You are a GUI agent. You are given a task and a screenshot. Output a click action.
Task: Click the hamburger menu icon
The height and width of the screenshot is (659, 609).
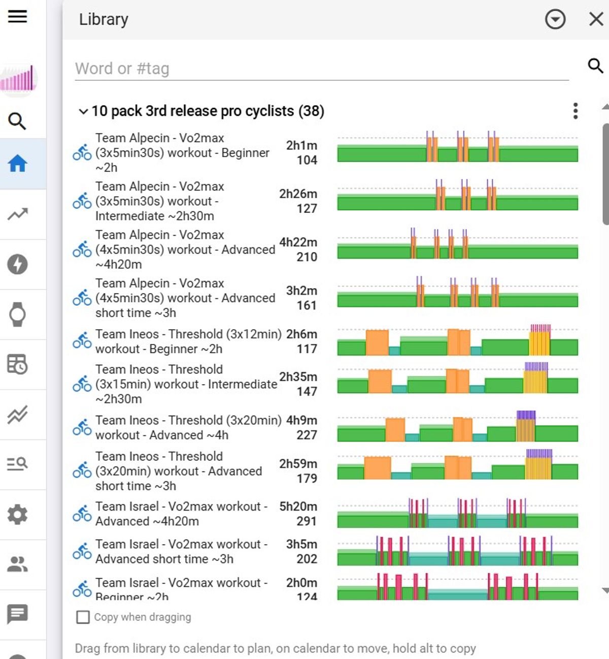pos(17,16)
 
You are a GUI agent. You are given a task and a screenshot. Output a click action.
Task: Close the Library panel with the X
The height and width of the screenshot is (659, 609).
pos(596,19)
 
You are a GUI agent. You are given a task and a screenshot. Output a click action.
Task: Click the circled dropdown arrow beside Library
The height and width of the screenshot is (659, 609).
pos(555,19)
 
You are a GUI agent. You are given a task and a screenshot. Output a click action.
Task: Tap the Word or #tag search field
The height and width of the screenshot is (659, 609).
pos(322,69)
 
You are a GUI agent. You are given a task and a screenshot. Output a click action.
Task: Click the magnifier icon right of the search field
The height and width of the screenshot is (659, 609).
pos(595,66)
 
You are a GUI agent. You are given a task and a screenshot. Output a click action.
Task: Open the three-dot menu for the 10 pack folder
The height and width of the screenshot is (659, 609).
pos(575,111)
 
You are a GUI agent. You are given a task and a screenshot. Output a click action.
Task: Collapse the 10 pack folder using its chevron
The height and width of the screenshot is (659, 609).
pos(83,111)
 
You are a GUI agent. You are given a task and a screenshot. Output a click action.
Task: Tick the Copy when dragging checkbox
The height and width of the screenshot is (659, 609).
pos(83,617)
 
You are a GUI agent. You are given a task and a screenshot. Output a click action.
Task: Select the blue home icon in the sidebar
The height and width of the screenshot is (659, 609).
pos(18,164)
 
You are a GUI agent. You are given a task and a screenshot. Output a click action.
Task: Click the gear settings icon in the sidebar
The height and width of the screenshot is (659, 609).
pos(18,514)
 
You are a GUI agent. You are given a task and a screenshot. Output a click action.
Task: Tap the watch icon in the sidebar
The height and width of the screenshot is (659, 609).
pos(18,314)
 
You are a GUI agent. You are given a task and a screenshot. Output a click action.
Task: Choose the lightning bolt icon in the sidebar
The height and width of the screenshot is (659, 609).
pos(17,264)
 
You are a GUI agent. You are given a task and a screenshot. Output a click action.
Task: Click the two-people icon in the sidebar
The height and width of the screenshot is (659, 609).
pos(17,564)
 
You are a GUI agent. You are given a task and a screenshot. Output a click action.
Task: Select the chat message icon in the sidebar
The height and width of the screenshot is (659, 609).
pos(17,614)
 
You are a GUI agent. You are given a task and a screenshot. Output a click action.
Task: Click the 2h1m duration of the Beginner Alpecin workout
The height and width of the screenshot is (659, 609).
pos(301,145)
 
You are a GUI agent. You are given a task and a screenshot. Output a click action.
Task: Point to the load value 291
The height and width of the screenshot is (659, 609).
pos(307,521)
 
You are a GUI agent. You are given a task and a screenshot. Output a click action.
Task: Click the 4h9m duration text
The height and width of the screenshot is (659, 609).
pos(301,420)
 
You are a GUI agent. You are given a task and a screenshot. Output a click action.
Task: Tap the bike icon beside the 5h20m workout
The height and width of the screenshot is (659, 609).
pos(82,514)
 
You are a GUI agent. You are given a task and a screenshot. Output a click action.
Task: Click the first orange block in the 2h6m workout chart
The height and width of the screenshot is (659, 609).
pos(377,342)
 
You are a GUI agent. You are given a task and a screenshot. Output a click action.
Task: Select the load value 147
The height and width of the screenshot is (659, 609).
pos(307,392)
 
